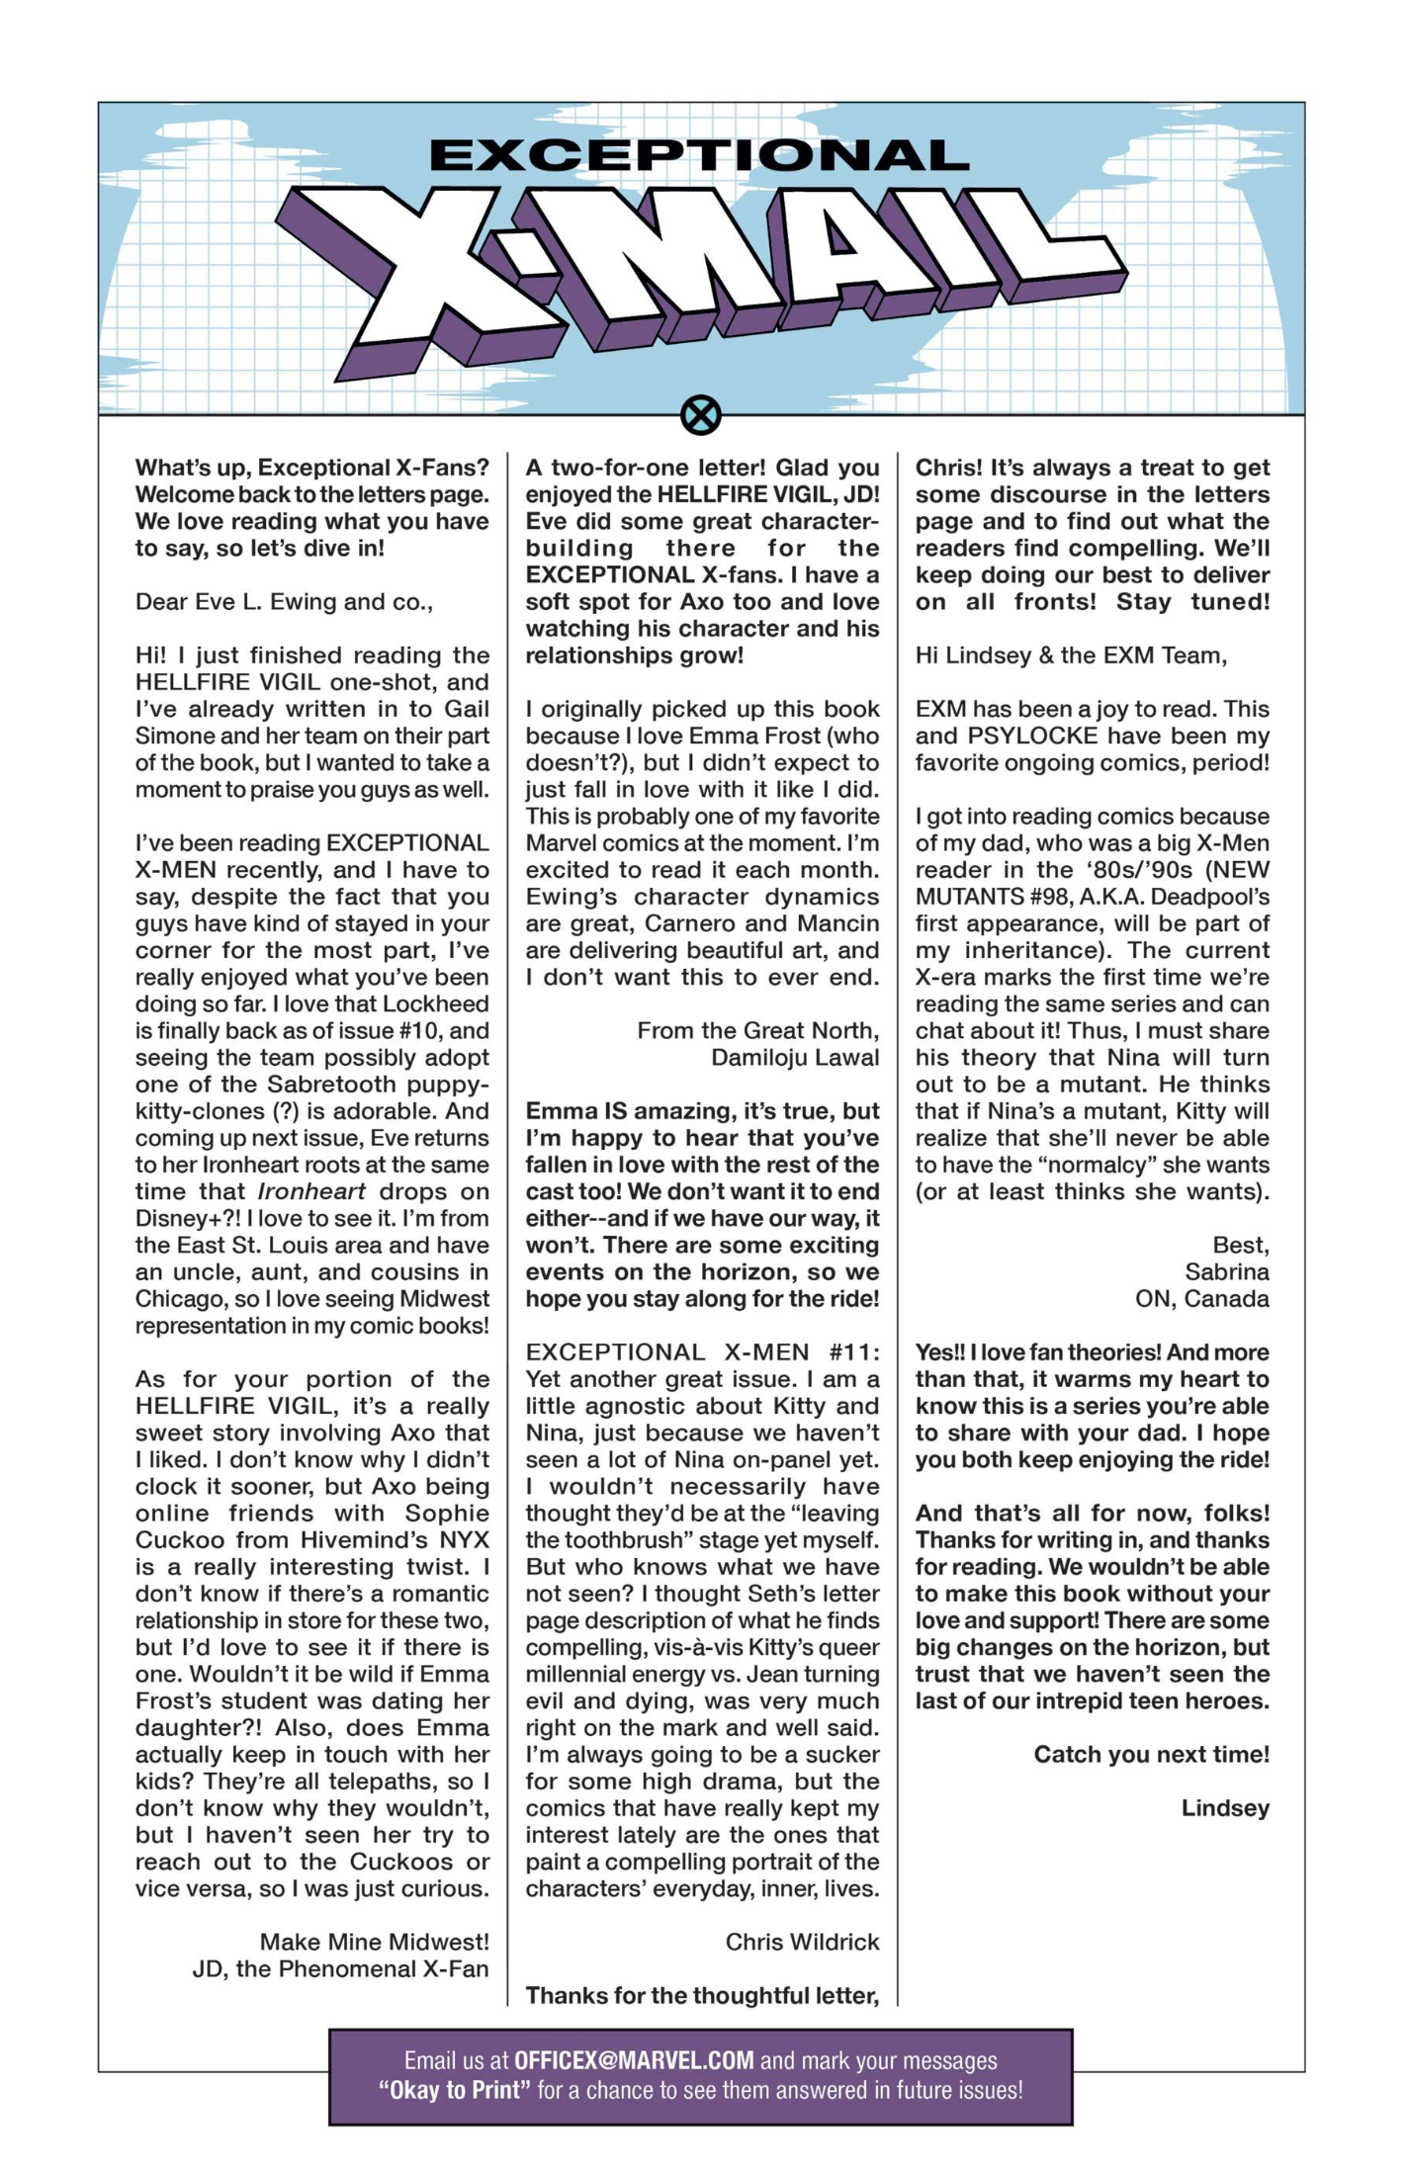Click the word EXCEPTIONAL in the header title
pyautogui.click(x=699, y=155)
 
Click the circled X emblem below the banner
pyautogui.click(x=701, y=415)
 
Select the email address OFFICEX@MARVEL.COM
pyautogui.click(x=634, y=2060)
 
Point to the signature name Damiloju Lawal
pyautogui.click(x=795, y=1057)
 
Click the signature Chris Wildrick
pyautogui.click(x=802, y=1942)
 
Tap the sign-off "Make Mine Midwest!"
pyautogui.click(x=374, y=1942)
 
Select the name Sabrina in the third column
pyautogui.click(x=1226, y=1271)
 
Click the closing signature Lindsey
pyautogui.click(x=1225, y=1807)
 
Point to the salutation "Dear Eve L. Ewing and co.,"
pyautogui.click(x=284, y=601)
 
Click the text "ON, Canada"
pyautogui.click(x=1201, y=1298)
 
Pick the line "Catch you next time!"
pyautogui.click(x=1151, y=1754)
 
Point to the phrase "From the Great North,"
pyautogui.click(x=757, y=1030)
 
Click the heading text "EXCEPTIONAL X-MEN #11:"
pyautogui.click(x=702, y=1351)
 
